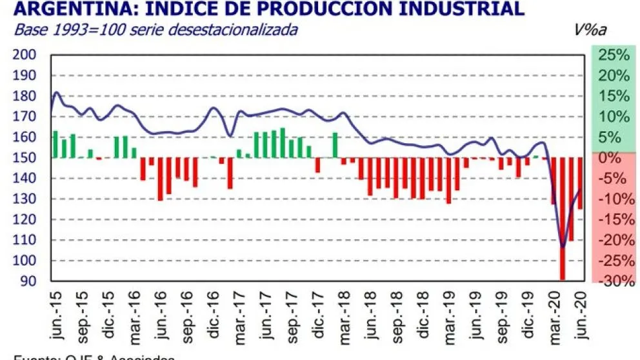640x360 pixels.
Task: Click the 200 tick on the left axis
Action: coord(24,55)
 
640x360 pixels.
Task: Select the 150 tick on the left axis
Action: coord(24,158)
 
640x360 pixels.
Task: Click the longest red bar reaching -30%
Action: coord(563,219)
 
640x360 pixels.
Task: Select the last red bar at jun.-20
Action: coord(580,183)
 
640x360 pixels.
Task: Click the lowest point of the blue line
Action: coord(563,247)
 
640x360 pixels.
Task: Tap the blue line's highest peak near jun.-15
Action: coord(57,92)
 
